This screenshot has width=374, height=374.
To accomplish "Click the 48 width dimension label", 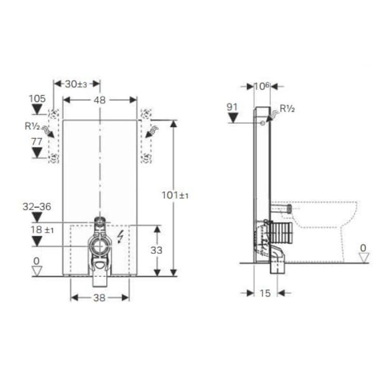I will point(100,100).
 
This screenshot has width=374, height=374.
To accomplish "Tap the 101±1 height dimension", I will point(175,195).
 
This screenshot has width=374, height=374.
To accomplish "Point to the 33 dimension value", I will point(157,250).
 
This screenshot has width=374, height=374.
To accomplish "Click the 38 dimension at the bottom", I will point(100,298).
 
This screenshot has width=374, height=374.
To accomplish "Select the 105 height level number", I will point(38,98).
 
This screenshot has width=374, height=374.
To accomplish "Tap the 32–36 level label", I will point(37,207).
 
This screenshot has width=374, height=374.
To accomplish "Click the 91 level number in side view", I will point(233,107).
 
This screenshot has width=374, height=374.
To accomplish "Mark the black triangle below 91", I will point(233,118).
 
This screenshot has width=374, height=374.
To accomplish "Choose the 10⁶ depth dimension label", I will point(262,86).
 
